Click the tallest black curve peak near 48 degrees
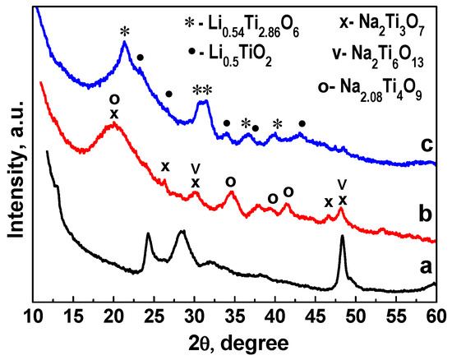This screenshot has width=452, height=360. (x=342, y=240)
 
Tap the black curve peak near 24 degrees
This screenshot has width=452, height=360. (x=149, y=235)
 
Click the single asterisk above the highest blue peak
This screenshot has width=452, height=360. (x=125, y=32)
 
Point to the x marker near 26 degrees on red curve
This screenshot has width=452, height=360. (x=165, y=167)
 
